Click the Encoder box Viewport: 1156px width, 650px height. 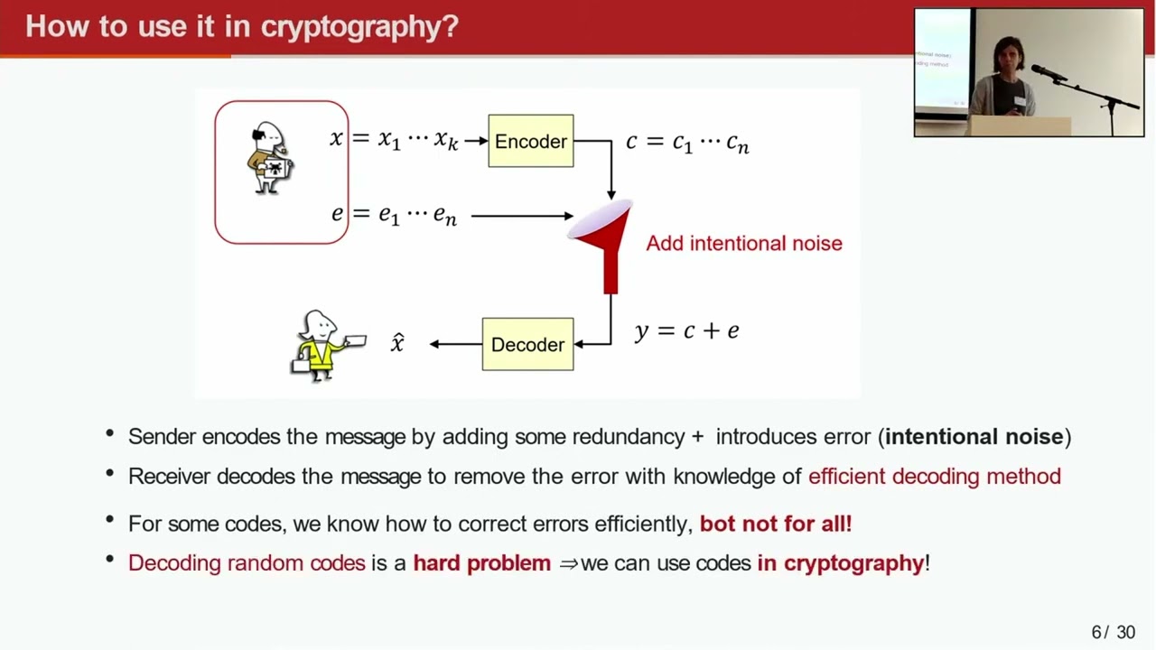tap(530, 141)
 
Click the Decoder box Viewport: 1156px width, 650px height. tap(527, 344)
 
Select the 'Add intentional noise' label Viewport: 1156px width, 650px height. tap(743, 243)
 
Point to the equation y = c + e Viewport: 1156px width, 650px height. tap(686, 330)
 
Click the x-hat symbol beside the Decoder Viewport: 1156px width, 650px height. tap(397, 342)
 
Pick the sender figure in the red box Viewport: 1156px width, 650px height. tap(269, 159)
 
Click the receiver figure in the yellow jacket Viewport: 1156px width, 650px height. tap(322, 346)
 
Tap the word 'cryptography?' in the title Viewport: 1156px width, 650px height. tap(359, 26)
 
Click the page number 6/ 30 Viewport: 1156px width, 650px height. tap(1113, 632)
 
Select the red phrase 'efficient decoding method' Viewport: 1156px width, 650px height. tap(934, 476)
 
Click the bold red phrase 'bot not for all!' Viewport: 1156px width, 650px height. tap(775, 523)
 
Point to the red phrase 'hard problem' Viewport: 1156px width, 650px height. tap(481, 562)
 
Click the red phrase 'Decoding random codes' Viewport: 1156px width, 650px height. tap(247, 562)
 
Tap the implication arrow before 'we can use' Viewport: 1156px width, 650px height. tap(568, 563)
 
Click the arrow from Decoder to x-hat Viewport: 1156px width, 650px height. tap(455, 344)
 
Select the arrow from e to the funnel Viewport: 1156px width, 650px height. tap(521, 216)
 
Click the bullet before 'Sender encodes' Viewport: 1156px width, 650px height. tap(110, 434)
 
